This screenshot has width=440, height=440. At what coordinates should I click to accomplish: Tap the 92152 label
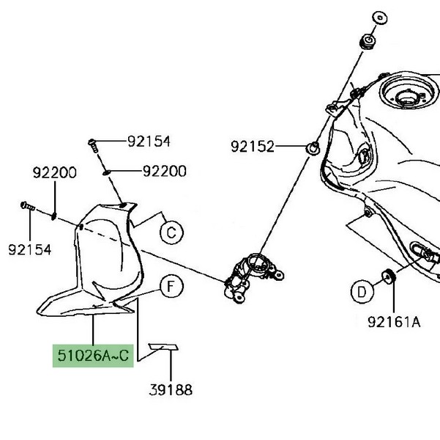click(253, 147)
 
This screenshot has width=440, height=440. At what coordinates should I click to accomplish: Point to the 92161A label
click(394, 321)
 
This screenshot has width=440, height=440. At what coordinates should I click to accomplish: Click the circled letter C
click(170, 233)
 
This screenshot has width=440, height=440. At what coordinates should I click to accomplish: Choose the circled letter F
click(170, 287)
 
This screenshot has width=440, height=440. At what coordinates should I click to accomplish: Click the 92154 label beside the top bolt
click(148, 142)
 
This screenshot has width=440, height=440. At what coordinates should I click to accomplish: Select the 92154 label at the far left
click(30, 250)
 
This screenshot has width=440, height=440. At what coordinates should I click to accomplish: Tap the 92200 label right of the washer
click(164, 171)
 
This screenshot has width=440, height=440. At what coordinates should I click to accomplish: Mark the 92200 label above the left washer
click(54, 174)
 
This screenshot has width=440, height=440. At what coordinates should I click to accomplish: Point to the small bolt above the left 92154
click(26, 207)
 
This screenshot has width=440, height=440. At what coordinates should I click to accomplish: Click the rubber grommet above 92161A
click(389, 276)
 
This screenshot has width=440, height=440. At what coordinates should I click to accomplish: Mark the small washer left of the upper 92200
click(108, 172)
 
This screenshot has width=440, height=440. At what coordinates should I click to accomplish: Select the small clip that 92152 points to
click(313, 149)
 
